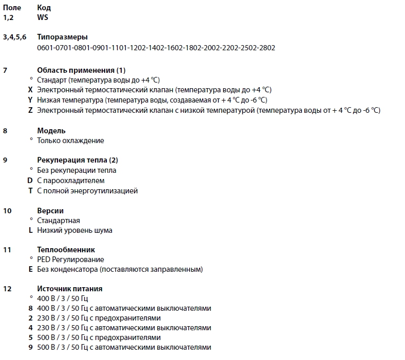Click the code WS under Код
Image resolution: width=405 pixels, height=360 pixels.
[43, 17]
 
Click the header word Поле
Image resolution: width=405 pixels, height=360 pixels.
[12, 8]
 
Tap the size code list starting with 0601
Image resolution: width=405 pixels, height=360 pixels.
[156, 48]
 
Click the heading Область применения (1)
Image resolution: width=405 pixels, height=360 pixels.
[81, 70]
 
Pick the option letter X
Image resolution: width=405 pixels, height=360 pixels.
[31, 90]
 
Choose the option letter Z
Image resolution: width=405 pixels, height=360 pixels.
[31, 110]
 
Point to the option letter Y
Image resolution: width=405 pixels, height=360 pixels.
[31, 100]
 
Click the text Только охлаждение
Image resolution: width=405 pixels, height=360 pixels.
[70, 141]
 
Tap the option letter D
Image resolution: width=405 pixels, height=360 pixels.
[30, 181]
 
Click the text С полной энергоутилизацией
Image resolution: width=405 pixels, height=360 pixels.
[87, 191]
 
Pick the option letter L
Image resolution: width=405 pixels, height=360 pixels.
[31, 230]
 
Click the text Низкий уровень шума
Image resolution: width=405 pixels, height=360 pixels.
[74, 230]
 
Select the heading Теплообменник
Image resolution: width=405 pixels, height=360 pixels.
[66, 250]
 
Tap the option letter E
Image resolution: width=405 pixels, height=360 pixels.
[31, 269]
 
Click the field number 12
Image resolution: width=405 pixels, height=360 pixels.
[7, 289]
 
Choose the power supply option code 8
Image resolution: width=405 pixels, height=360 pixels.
[31, 308]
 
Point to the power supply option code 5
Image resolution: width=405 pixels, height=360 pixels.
[31, 337]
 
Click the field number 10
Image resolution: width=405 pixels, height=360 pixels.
[7, 211]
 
